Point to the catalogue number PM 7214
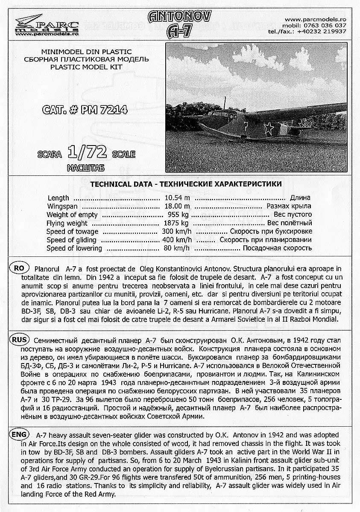[x=85, y=110]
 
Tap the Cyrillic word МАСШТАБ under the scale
[x=85, y=168]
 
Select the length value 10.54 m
[x=177, y=198]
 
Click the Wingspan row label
[x=62, y=206]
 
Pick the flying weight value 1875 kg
[x=176, y=223]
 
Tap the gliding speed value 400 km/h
[x=177, y=240]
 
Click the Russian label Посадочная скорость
[x=277, y=248]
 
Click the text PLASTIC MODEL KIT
[x=86, y=67]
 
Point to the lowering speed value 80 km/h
[x=179, y=248]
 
